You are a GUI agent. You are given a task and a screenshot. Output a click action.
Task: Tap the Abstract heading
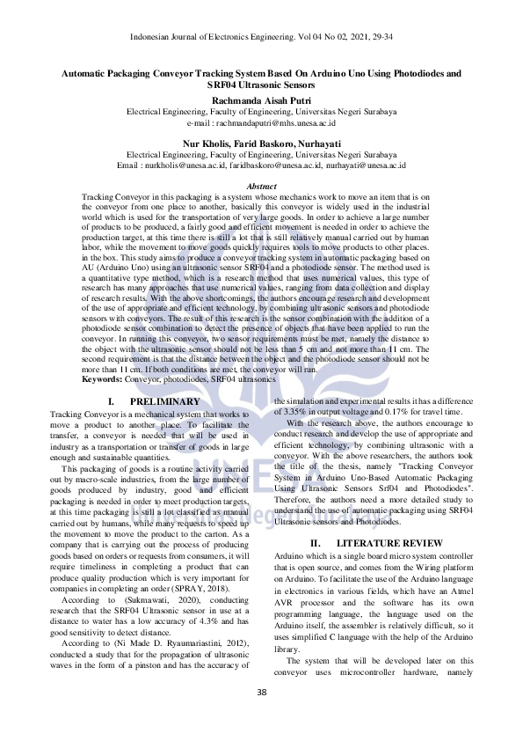click(x=261, y=187)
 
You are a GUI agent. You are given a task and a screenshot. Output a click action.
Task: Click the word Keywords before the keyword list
click(x=101, y=379)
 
